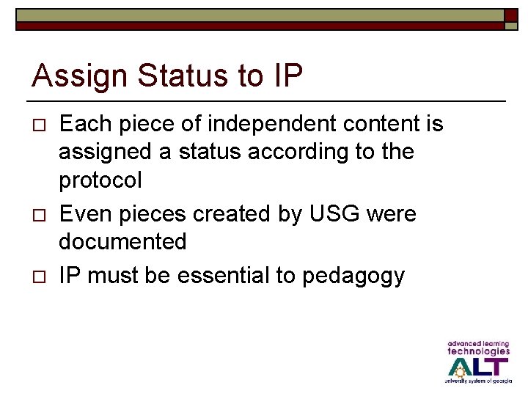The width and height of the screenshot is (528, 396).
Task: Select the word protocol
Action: coord(100,180)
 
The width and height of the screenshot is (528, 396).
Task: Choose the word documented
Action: coord(122,241)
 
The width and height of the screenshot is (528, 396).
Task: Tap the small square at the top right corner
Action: coord(510,20)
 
